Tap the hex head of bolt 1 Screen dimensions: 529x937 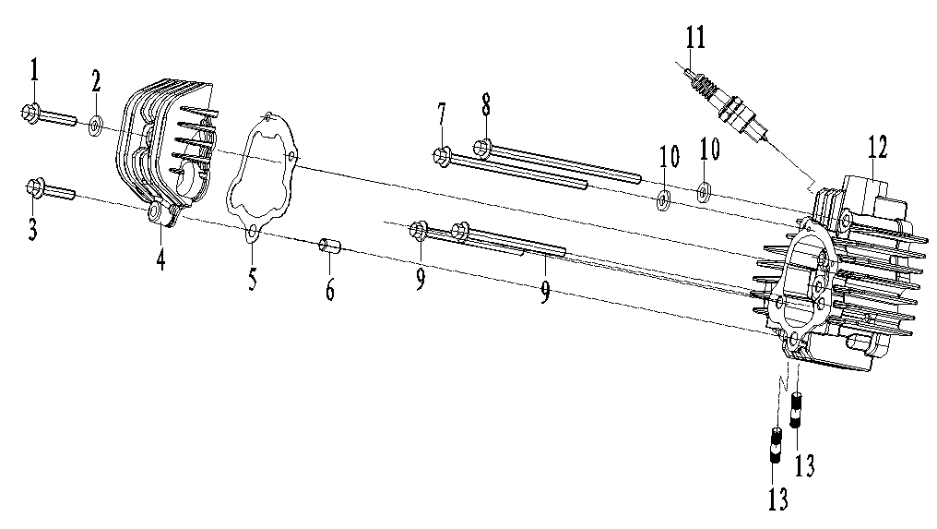28,114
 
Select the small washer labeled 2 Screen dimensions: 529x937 95,125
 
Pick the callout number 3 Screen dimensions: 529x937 32,228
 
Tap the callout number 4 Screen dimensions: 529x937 160,259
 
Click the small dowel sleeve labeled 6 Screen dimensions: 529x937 329,247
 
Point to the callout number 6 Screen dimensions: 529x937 329,289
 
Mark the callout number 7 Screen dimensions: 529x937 442,116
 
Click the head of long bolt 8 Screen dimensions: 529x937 481,146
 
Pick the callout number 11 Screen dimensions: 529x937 694,39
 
